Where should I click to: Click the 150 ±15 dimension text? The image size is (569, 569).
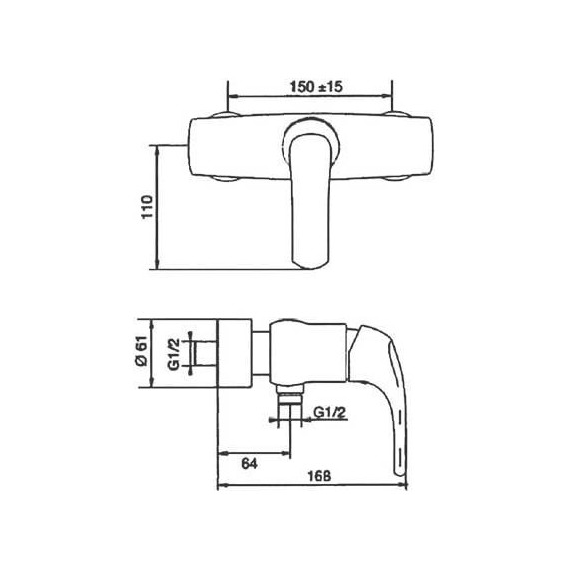click(x=316, y=87)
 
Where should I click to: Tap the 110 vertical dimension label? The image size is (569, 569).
click(x=148, y=207)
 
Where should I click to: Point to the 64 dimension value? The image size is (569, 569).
click(x=249, y=464)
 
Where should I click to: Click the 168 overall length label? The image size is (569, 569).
click(x=319, y=476)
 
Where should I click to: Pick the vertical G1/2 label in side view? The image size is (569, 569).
click(x=174, y=354)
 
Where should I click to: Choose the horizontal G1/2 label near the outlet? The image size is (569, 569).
click(x=330, y=413)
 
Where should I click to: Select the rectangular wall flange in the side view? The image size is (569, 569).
click(x=234, y=353)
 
